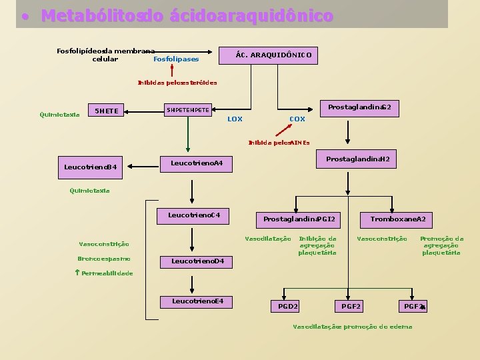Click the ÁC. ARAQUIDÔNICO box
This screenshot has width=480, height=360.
pos(269,55)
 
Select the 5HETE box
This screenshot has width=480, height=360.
pos(107,110)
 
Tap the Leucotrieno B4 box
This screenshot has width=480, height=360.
pos(90,167)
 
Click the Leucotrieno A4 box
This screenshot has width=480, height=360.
pos(197,163)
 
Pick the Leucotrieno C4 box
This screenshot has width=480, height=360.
pos(193,216)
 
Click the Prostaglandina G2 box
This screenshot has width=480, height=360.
pos(359,107)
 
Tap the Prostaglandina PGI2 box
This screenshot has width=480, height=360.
pos(299,219)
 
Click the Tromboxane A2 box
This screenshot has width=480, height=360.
pos(397,219)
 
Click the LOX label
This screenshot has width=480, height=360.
pos(235,119)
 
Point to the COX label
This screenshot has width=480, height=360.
pos(297,119)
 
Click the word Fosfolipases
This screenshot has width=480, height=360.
pos(176,59)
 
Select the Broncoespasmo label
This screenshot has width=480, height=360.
pos(103,259)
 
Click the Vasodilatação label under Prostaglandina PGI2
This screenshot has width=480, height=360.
pos(268,239)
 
